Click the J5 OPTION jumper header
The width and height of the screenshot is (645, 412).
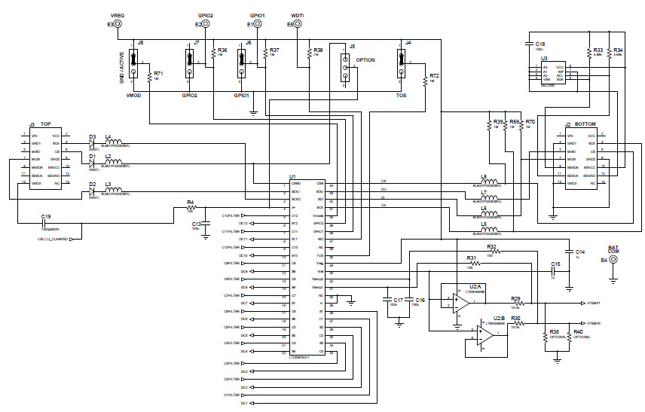[345, 67]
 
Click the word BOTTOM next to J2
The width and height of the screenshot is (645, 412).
[585, 124]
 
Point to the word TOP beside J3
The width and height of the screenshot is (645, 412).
[46, 124]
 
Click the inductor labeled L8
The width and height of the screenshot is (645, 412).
[492, 182]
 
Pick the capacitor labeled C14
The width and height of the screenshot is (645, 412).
[569, 252]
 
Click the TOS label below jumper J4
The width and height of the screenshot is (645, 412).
[401, 96]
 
